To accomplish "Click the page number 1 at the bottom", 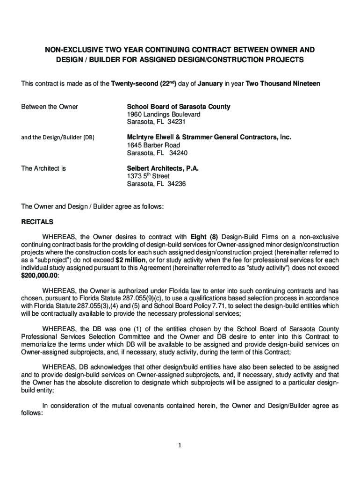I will (x=180, y=445).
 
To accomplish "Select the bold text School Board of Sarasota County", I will (x=179, y=107).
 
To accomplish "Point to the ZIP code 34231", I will (x=177, y=122).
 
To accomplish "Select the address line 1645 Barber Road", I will (x=153, y=145).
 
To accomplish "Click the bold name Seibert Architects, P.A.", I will (x=163, y=168).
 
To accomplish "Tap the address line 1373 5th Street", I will (x=148, y=176).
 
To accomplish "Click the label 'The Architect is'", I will (x=43, y=168).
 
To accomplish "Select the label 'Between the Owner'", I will (x=50, y=107).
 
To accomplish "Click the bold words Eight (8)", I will (x=204, y=237).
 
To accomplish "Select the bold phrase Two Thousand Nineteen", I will (x=283, y=84).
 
